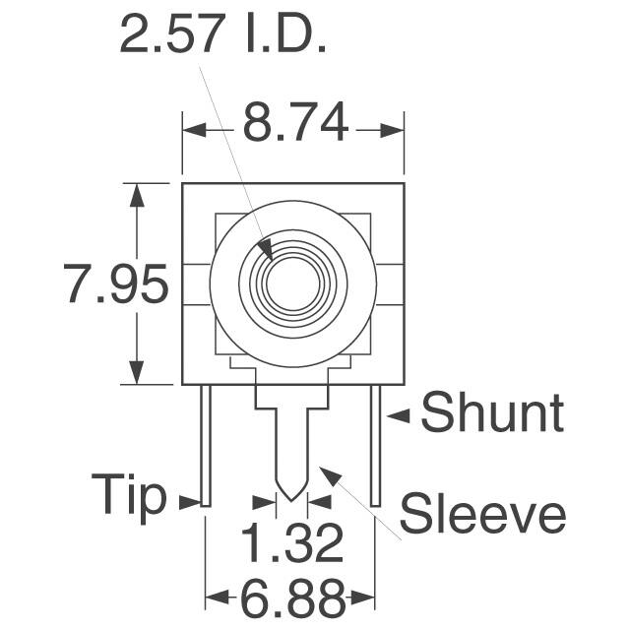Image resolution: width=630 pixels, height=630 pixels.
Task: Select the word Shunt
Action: pyautogui.click(x=492, y=414)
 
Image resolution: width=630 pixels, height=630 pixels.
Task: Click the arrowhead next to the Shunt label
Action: pyautogui.click(x=398, y=416)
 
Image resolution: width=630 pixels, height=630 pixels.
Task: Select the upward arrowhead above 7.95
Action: pyautogui.click(x=136, y=194)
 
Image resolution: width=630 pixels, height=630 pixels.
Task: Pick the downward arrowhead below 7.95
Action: pyautogui.click(x=136, y=373)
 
